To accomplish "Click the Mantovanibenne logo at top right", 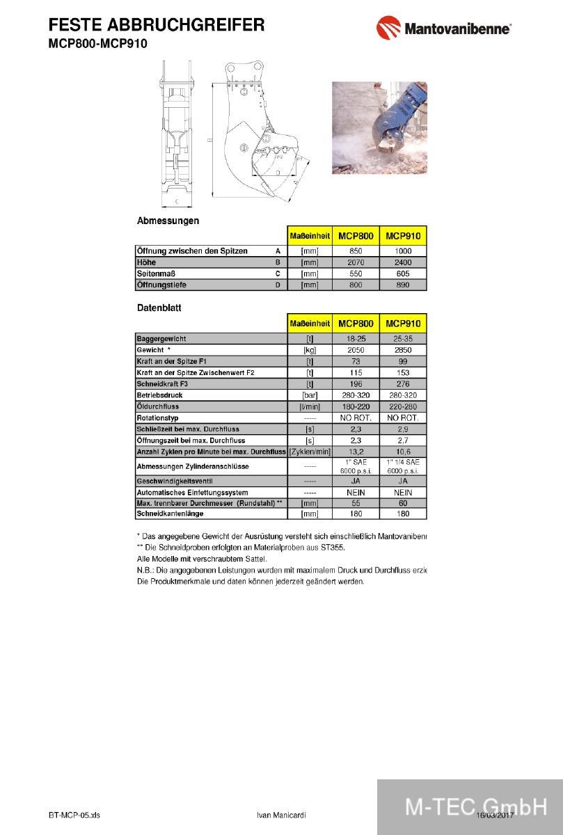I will (444, 29).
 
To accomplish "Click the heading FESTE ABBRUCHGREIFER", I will (157, 26).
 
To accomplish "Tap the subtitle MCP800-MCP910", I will (97, 43).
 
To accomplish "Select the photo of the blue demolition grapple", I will (379, 127).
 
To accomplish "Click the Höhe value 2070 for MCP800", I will (356, 262).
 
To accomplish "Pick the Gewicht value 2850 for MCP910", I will (403, 350).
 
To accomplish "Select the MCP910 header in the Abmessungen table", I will (403, 236).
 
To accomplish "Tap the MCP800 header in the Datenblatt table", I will (356, 324).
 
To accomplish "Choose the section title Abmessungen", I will (168, 221).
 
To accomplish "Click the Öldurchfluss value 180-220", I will (356, 406).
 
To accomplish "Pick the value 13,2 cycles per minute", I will (356, 452).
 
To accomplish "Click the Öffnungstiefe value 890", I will (403, 285).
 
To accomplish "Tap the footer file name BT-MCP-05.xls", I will (74, 815).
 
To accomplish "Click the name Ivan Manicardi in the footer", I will (281, 815).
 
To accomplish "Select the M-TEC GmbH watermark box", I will (470, 806).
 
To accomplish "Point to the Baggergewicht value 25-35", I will (403, 339).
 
